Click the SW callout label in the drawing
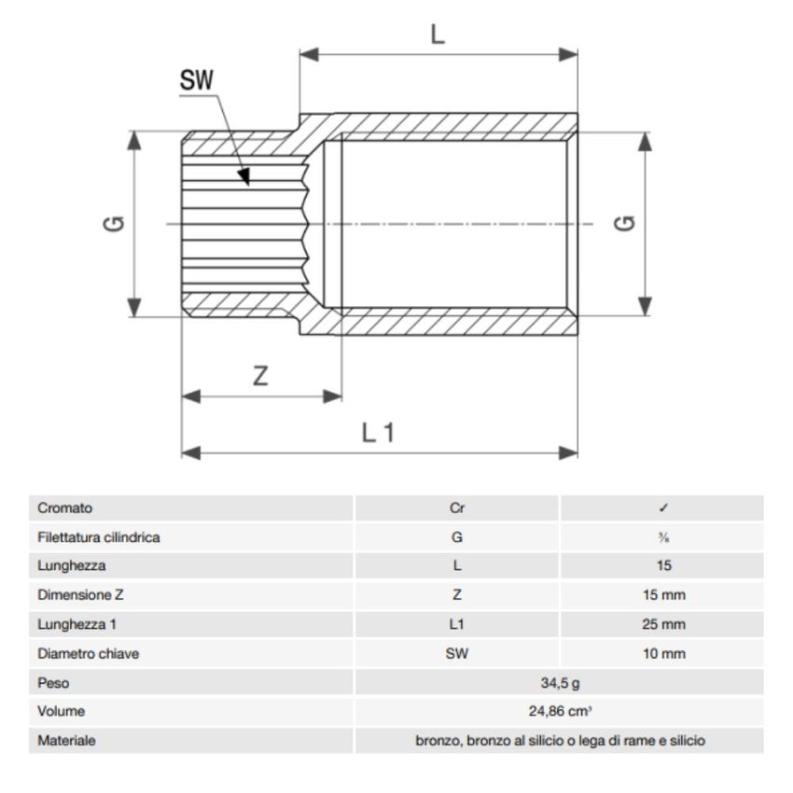pyautogui.click(x=197, y=80)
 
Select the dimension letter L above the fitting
pyautogui.click(x=438, y=35)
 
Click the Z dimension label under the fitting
pyautogui.click(x=261, y=376)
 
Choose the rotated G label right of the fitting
pyautogui.click(x=626, y=224)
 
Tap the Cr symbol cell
pyautogui.click(x=456, y=508)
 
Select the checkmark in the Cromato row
pyautogui.click(x=662, y=508)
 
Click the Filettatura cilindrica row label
pyautogui.click(x=99, y=537)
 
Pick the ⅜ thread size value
pyautogui.click(x=662, y=537)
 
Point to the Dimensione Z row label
pyautogui.click(x=80, y=595)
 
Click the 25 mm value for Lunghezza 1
pyautogui.click(x=662, y=624)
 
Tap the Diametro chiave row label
pyautogui.click(x=89, y=653)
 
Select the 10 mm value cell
pyautogui.click(x=662, y=653)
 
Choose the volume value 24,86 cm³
pyautogui.click(x=560, y=711)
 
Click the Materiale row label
pyautogui.click(x=67, y=741)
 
